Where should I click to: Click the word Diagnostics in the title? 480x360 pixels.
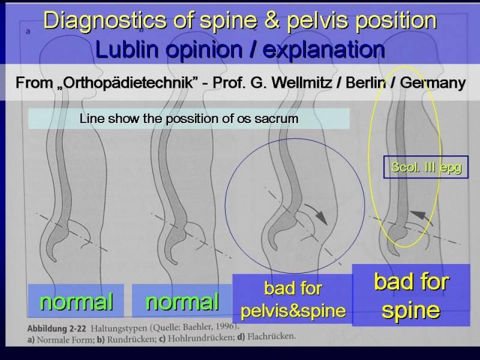pos(104,20)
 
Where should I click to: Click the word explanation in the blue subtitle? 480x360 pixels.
pos(323,50)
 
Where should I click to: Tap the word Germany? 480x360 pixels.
pos(433,83)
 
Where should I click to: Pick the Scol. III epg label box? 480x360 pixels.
pos(426,167)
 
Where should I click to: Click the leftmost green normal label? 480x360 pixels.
pos(76,302)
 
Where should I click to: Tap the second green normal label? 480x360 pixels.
pos(182,302)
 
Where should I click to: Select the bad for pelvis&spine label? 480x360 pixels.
pos(293,299)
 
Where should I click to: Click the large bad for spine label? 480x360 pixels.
pos(411,295)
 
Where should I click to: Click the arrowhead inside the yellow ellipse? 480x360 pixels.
pos(417,215)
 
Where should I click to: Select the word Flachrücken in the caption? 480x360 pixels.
pos(271,337)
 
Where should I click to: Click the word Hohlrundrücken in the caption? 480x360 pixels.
pos(200,338)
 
